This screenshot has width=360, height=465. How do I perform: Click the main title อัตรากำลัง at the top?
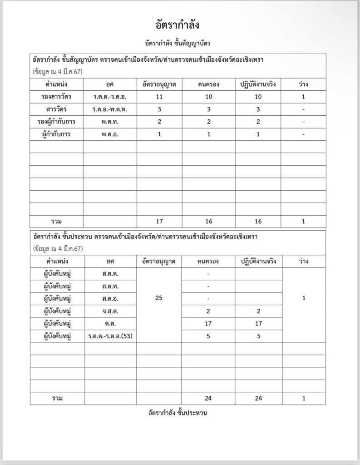[180, 24]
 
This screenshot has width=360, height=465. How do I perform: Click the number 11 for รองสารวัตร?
[159, 97]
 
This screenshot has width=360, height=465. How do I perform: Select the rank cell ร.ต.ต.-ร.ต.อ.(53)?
[110, 336]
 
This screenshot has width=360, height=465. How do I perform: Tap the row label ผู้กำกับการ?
[57, 134]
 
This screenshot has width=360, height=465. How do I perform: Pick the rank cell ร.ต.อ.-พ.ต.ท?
[110, 109]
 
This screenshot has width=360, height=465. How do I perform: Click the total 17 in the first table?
[159, 221]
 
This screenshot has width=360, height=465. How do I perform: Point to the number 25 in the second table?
[159, 299]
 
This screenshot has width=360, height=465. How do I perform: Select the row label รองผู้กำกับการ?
[57, 122]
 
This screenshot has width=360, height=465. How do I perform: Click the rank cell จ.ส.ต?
[110, 311]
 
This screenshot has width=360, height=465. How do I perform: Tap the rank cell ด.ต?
[110, 324]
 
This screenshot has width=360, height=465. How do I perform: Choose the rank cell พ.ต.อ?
[110, 134]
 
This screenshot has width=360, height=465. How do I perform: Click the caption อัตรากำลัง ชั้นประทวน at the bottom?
[180, 413]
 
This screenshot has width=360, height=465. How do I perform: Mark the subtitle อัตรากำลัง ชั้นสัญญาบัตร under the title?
[180, 43]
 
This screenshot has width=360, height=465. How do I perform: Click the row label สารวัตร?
[57, 109]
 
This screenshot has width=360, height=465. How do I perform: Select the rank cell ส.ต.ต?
[110, 274]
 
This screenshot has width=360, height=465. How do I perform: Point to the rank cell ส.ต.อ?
[110, 299]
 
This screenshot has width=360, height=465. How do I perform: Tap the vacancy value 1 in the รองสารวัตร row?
[303, 97]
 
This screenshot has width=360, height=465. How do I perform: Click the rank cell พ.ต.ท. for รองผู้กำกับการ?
[110, 122]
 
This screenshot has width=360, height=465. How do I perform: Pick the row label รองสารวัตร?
[57, 97]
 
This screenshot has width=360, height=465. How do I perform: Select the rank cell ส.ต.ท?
[110, 287]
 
